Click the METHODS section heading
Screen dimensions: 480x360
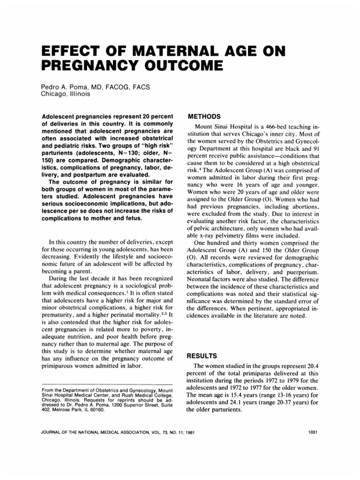pyautogui.click(x=203, y=115)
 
